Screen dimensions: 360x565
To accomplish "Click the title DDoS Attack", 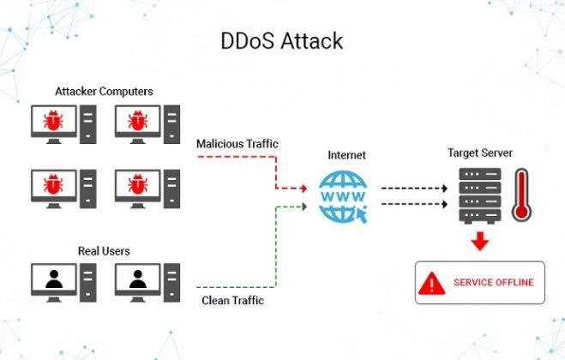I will [283, 39].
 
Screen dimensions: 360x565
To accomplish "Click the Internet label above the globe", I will [347, 155].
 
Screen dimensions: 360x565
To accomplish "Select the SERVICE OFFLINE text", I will [494, 283].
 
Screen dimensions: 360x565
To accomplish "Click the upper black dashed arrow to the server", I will [417, 187].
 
